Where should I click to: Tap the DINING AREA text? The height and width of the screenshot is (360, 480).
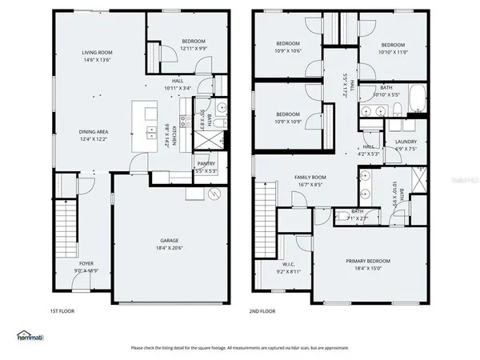pos(94,132)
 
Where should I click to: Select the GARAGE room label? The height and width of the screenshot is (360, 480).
pos(169,240)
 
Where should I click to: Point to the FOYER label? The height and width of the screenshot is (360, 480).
pos(86,263)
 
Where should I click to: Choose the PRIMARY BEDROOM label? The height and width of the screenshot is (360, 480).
pos(368,261)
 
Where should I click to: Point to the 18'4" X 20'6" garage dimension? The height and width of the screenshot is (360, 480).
pos(169,248)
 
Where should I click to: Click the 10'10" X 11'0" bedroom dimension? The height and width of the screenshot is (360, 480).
pos(393,52)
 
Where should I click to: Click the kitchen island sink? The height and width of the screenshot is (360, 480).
pos(150,133)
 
